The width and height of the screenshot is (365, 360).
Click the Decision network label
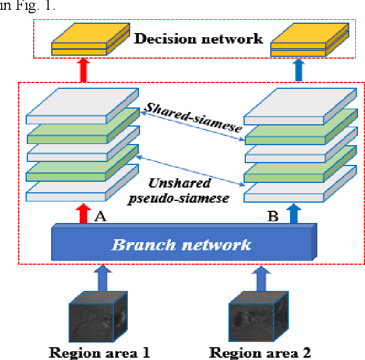click(199, 39)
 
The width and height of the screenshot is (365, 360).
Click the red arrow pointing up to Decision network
click(84, 70)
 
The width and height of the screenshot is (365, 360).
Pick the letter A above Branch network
click(99, 217)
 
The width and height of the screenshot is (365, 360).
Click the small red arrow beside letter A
click(83, 213)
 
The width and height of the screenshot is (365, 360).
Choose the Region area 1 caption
click(99, 352)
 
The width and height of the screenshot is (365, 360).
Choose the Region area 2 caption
click(260, 352)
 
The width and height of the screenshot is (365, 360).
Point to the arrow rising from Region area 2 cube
click(260, 277)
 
